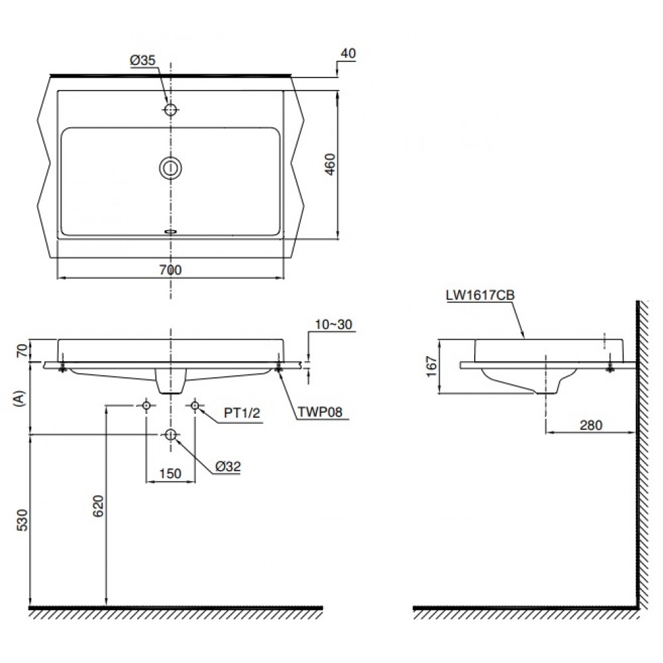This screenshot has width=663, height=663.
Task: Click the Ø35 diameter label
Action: click(x=143, y=60)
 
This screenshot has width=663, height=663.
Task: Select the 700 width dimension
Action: click(x=171, y=269)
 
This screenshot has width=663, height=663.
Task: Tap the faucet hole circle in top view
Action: click(x=171, y=109)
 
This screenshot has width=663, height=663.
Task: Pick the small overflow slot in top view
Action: click(x=171, y=231)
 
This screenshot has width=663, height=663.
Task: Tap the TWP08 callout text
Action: click(x=320, y=414)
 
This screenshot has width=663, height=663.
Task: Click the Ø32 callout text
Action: click(x=227, y=467)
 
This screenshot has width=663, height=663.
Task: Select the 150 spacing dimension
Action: click(x=171, y=473)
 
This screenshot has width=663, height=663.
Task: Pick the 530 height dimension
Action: click(x=23, y=520)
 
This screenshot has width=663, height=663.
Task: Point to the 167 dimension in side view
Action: click(x=432, y=366)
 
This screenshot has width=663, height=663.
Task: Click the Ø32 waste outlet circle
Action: click(x=171, y=434)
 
